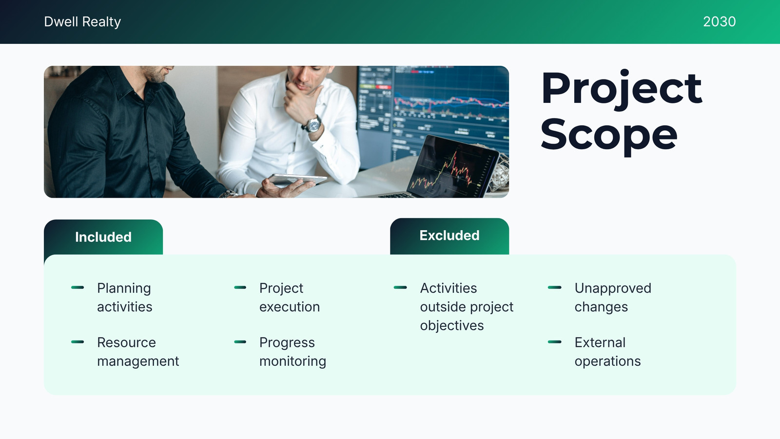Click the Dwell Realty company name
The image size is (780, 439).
(x=82, y=21)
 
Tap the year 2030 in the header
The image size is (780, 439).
(x=720, y=21)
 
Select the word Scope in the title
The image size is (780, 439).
(x=609, y=136)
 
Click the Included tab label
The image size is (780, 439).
(x=103, y=237)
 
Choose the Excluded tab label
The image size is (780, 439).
(x=449, y=236)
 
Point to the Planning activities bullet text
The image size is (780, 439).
(x=125, y=297)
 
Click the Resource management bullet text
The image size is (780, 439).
(x=138, y=352)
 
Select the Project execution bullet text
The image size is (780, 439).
(x=290, y=297)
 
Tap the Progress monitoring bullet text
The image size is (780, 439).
(x=292, y=352)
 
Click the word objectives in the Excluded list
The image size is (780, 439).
(x=451, y=325)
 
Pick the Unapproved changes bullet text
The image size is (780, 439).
(x=613, y=297)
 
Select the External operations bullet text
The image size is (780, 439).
(x=607, y=352)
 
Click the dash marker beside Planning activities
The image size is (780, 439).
(x=78, y=287)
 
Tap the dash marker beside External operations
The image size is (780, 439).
(x=554, y=342)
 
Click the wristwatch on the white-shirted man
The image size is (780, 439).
(x=312, y=124)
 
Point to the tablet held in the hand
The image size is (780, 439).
(x=298, y=179)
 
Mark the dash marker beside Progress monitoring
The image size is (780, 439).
(x=240, y=342)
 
